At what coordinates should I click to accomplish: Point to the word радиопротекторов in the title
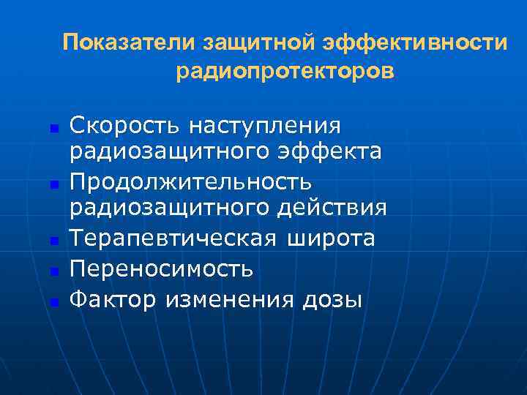(x=285, y=72)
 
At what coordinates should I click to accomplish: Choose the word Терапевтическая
(x=173, y=238)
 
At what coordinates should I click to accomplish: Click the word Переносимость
(x=161, y=269)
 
